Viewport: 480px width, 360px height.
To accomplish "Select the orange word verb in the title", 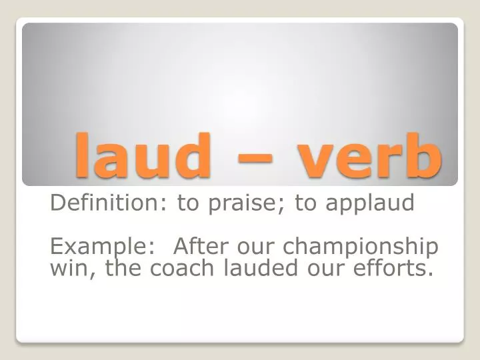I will click(369, 155).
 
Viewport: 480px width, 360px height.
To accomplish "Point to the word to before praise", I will click(189, 203).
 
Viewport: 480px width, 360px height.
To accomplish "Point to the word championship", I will click(361, 247).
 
